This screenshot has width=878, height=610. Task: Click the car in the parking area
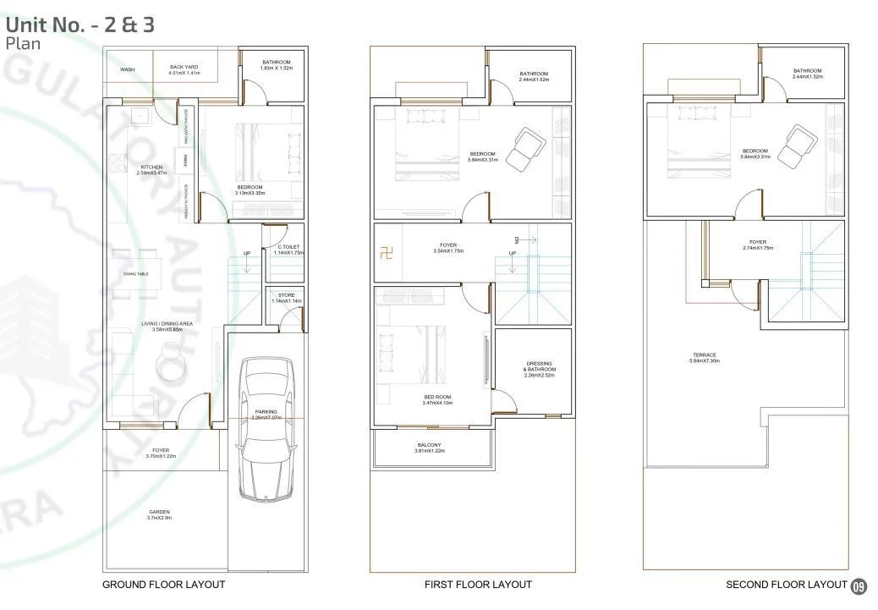(266, 427)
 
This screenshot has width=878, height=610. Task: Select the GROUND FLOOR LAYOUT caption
(163, 585)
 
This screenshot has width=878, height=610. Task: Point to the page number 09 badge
(859, 585)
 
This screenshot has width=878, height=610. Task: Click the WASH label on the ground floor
(128, 70)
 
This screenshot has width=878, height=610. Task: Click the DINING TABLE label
(136, 274)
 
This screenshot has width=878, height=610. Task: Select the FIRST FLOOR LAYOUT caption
(478, 585)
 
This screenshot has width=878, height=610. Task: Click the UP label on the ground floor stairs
(246, 253)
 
